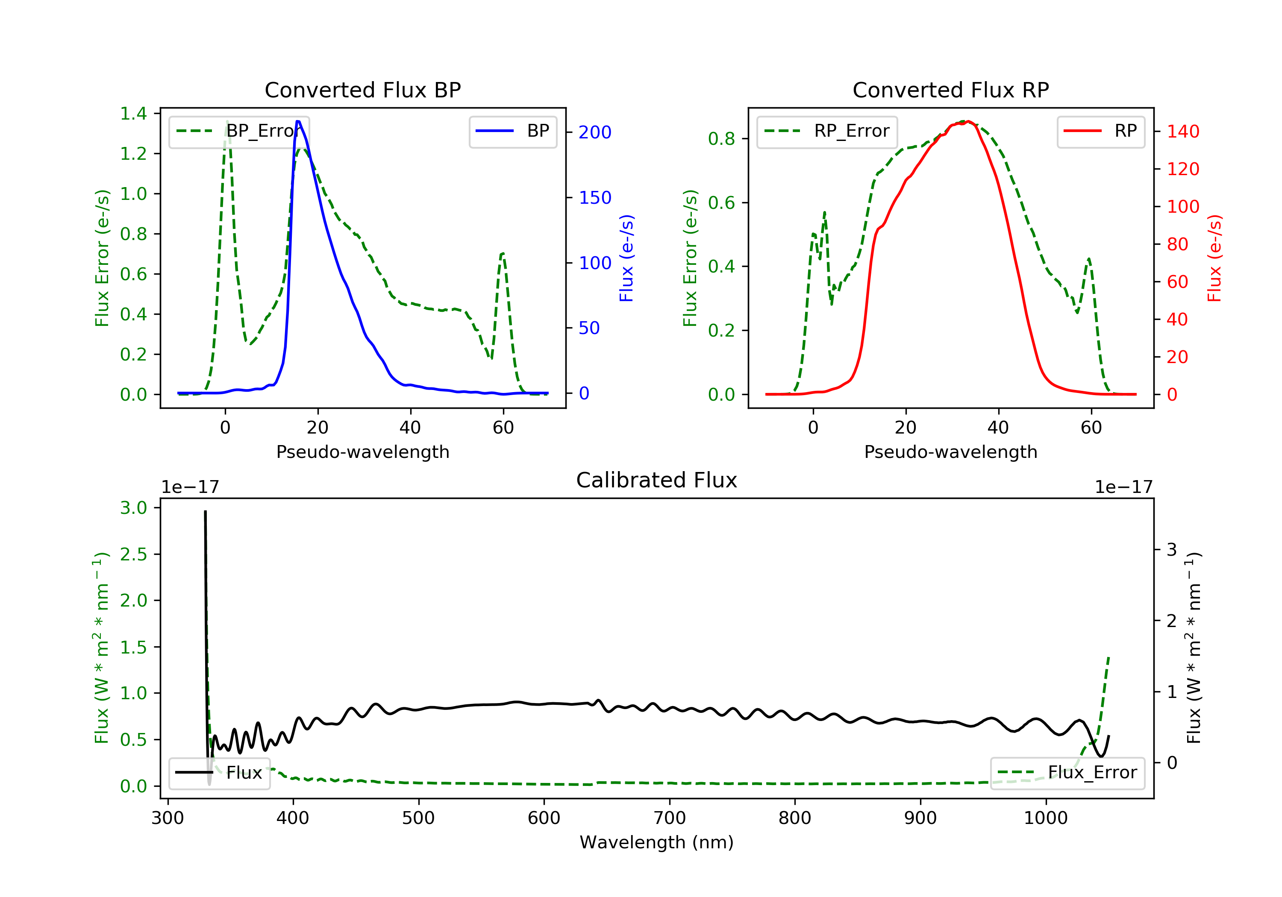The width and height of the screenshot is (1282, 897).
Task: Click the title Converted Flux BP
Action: [362, 90]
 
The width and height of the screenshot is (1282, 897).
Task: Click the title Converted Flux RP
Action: [950, 90]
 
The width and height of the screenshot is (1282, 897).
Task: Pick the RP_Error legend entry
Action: [827, 131]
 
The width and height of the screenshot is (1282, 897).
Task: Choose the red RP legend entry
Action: [1100, 131]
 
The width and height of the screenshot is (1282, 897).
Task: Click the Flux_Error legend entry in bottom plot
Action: [1067, 773]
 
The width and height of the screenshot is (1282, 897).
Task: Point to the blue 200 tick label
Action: [595, 132]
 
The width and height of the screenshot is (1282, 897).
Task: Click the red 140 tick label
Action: [1182, 132]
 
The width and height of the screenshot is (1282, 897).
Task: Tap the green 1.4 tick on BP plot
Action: [133, 114]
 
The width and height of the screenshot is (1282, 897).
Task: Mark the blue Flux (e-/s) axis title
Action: [626, 258]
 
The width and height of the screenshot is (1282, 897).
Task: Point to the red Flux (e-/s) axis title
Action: [1214, 258]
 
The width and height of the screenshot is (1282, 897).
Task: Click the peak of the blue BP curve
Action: [298, 121]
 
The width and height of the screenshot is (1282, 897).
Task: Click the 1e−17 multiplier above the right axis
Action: [1123, 487]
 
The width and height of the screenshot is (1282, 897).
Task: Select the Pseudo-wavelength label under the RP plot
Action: [950, 451]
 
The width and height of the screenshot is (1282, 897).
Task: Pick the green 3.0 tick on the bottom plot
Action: [133, 508]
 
